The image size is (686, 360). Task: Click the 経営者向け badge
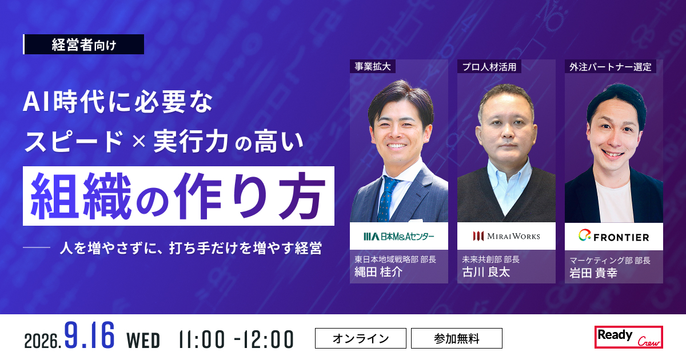click(x=83, y=45)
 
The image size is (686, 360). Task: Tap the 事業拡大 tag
click(x=373, y=66)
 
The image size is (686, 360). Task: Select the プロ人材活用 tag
click(x=489, y=66)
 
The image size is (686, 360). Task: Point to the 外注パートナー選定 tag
click(x=611, y=66)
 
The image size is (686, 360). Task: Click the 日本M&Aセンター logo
click(x=399, y=237)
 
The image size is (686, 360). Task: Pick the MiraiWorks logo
click(x=506, y=236)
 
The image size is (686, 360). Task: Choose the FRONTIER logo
click(x=614, y=236)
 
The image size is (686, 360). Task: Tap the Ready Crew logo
click(x=629, y=337)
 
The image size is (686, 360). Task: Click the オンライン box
click(x=361, y=338)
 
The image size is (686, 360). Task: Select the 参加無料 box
click(x=457, y=338)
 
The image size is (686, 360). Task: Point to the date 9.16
click(x=89, y=335)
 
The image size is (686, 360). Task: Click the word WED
click(x=143, y=341)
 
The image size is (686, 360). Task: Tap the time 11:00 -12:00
click(x=236, y=339)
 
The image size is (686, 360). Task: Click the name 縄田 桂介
click(x=378, y=272)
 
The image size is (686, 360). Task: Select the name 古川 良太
click(x=486, y=272)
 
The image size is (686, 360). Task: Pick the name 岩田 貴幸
click(x=593, y=273)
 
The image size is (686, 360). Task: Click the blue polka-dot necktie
click(x=388, y=199)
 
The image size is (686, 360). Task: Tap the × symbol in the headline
click(x=139, y=141)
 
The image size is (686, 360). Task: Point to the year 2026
click(x=42, y=341)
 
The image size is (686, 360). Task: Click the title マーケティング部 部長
click(x=610, y=260)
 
